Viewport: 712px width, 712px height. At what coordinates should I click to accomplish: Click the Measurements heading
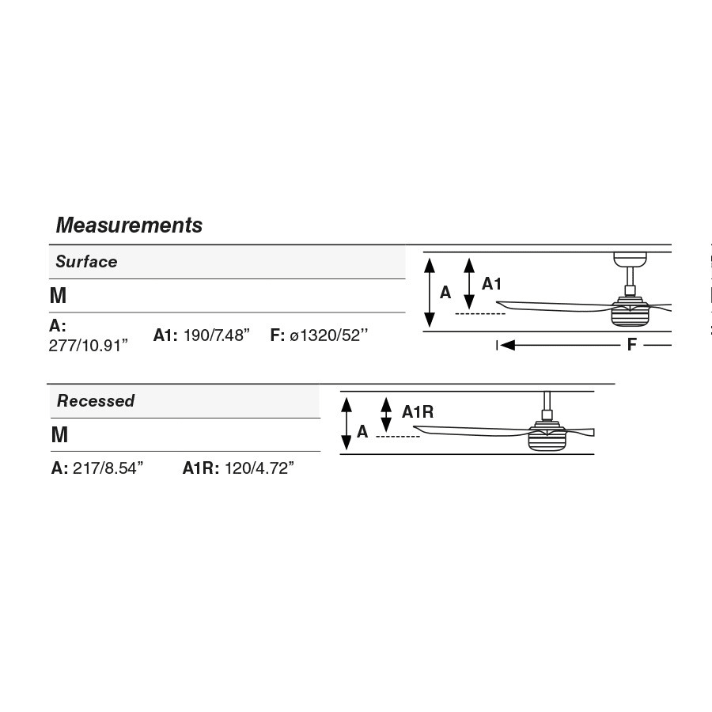(129, 225)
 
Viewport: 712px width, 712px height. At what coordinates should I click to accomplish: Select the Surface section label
(86, 262)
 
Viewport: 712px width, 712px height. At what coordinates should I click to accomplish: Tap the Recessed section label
(96, 400)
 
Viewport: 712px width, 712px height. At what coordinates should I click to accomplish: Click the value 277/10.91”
(88, 346)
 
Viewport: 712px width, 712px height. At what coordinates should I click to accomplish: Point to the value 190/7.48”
(217, 335)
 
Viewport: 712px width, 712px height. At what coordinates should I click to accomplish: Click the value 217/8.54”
(108, 468)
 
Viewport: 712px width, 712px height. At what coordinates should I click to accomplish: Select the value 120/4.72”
(259, 468)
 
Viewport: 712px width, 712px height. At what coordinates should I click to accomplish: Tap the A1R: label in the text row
(201, 468)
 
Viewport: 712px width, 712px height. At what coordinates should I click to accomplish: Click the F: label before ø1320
(277, 335)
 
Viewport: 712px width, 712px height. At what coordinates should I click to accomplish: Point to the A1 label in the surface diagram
(491, 284)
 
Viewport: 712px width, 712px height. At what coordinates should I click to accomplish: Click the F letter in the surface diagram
(631, 345)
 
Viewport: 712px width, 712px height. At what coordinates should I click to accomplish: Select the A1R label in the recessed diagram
(418, 412)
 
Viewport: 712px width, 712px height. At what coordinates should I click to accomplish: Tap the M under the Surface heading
(58, 296)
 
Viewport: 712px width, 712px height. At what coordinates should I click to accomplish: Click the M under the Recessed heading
(59, 434)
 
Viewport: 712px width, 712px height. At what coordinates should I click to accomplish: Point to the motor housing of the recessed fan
(547, 437)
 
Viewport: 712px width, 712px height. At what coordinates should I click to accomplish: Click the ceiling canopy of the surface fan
(630, 259)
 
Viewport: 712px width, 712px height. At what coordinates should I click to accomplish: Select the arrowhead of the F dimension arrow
(507, 345)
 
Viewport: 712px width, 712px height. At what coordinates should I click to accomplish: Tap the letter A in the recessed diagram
(362, 431)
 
